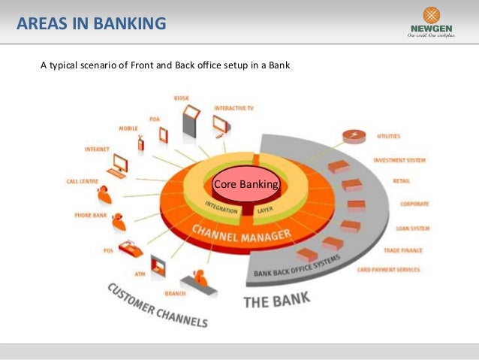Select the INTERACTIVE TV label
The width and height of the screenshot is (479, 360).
(x=233, y=108)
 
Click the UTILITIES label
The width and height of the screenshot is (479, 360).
(x=389, y=136)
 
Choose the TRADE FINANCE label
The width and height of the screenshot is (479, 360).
(x=403, y=250)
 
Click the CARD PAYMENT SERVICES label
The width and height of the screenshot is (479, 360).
(x=389, y=269)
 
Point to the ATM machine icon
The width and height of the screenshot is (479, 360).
(x=158, y=265)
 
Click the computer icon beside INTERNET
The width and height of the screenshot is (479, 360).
(x=119, y=165)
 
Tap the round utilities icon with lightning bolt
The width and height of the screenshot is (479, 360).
(x=351, y=136)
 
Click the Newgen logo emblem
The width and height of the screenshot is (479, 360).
(x=432, y=16)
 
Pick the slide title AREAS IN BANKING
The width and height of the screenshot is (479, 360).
(x=92, y=25)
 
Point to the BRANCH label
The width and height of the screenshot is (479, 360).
(x=175, y=294)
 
